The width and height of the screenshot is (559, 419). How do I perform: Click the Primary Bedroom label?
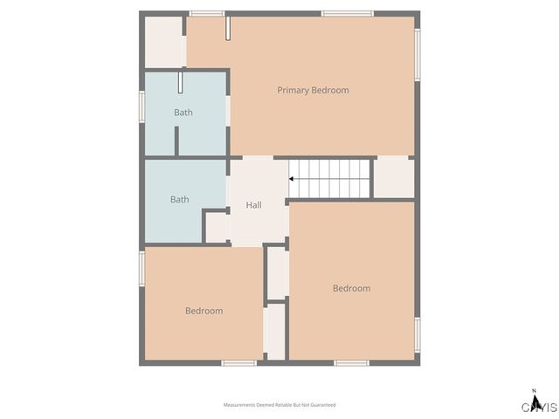pyautogui.click(x=313, y=90)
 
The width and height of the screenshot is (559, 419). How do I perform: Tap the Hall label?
pyautogui.click(x=253, y=205)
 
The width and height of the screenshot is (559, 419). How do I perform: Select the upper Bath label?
pyautogui.click(x=183, y=113)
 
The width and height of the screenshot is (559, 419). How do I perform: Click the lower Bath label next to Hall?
pyautogui.click(x=180, y=200)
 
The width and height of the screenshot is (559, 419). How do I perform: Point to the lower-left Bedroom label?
pyautogui.click(x=204, y=311)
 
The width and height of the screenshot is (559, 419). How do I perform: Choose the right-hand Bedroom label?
pyautogui.click(x=351, y=288)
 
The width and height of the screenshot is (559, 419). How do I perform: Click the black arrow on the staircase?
pyautogui.click(x=292, y=178)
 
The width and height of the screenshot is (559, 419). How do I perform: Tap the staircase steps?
pyautogui.click(x=332, y=178)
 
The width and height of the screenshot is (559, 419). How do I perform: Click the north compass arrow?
pyautogui.click(x=534, y=394)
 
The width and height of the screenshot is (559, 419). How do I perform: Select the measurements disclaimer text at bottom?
pyautogui.click(x=279, y=405)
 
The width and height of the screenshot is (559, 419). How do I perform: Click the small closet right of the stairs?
pyautogui.click(x=393, y=177)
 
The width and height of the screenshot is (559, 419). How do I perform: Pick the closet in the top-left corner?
pyautogui.click(x=163, y=41)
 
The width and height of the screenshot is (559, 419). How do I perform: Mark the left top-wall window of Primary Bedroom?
pyautogui.click(x=206, y=13)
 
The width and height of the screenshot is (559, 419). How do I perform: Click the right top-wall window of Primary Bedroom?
pyautogui.click(x=348, y=13)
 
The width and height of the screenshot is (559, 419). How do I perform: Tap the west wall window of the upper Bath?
pyautogui.click(x=141, y=106)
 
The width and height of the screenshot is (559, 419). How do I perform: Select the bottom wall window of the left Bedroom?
pyautogui.click(x=238, y=362)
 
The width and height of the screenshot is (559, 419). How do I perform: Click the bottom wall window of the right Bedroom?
pyautogui.click(x=352, y=362)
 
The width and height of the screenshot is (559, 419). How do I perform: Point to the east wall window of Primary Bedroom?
pyautogui.click(x=418, y=54)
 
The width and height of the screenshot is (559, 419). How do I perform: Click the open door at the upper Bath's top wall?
pyautogui.click(x=181, y=82)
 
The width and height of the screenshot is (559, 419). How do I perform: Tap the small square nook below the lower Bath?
pyautogui.click(x=217, y=227)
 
